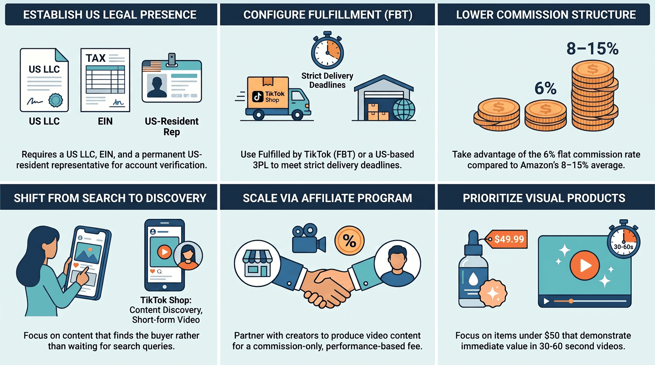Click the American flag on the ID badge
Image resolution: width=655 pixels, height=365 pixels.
coord(152,66)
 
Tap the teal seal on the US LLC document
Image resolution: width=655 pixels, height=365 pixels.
coord(55,100)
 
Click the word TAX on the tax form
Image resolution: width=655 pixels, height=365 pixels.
coord(95,58)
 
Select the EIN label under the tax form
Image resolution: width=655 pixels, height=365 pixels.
coord(105,121)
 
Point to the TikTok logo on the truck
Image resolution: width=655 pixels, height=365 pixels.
coord(258,96)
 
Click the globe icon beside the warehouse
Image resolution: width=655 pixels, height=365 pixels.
coord(404,109)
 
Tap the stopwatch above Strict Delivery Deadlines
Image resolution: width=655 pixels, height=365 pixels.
coord(327,50)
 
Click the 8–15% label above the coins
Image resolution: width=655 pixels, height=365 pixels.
coord(593,49)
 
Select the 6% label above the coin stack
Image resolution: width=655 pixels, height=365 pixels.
coord(545,88)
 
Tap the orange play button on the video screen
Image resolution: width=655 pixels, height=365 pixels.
coord(585,265)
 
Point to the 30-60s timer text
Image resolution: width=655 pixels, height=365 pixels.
coord(624,247)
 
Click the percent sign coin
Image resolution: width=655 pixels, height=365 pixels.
coord(349,241)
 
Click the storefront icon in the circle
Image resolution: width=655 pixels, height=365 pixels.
coord(257,263)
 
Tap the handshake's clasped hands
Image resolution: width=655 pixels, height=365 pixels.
coord(326,288)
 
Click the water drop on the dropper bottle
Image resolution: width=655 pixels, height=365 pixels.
coord(473,279)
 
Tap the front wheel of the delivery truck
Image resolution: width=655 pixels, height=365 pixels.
coord(297,115)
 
